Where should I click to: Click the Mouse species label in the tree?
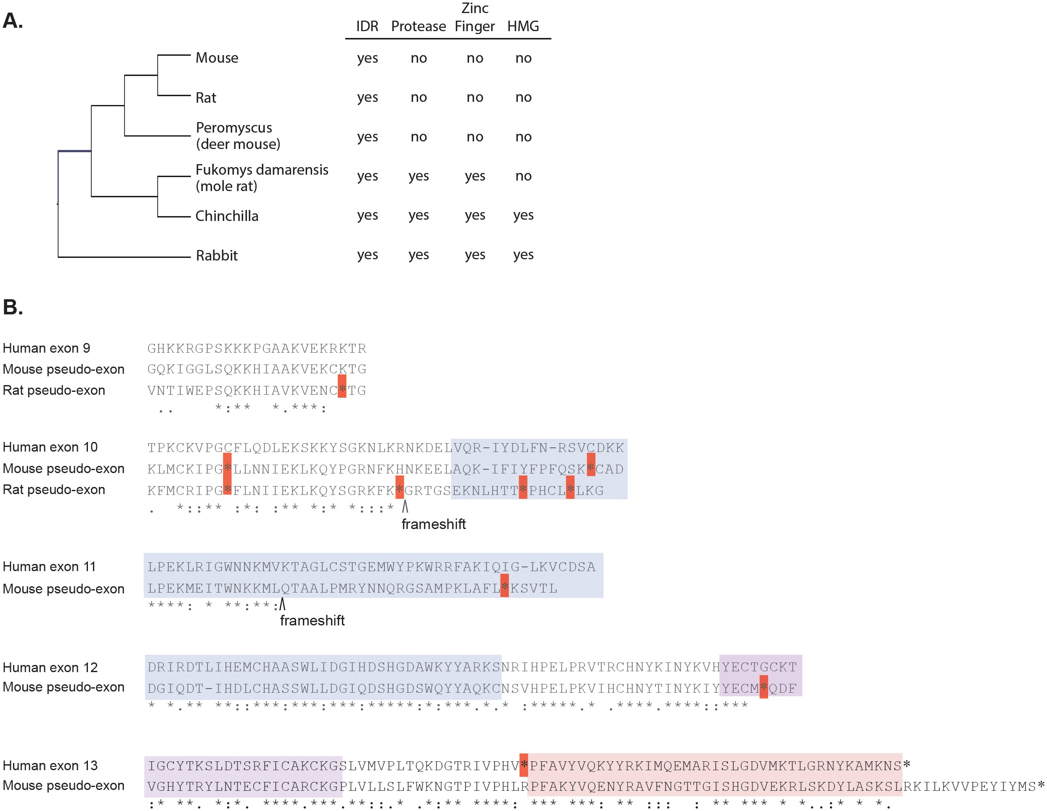click(217, 58)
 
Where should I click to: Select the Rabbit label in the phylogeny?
click(217, 255)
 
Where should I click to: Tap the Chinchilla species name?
click(227, 216)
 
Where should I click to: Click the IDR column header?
click(367, 27)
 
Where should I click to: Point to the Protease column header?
click(419, 27)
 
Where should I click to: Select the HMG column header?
click(523, 27)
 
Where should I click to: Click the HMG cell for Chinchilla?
click(523, 215)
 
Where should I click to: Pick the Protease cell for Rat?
click(419, 97)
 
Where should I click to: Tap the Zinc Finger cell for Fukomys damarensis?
click(474, 176)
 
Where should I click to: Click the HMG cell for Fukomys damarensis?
click(523, 176)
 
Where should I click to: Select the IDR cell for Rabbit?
click(367, 255)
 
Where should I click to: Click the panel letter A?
click(13, 21)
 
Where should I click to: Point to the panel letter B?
click(13, 307)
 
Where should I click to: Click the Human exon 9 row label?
click(47, 348)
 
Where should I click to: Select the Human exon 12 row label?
click(50, 667)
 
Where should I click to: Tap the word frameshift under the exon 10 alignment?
click(433, 524)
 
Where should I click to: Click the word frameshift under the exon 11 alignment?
click(312, 621)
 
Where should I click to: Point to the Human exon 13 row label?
click(50, 766)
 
